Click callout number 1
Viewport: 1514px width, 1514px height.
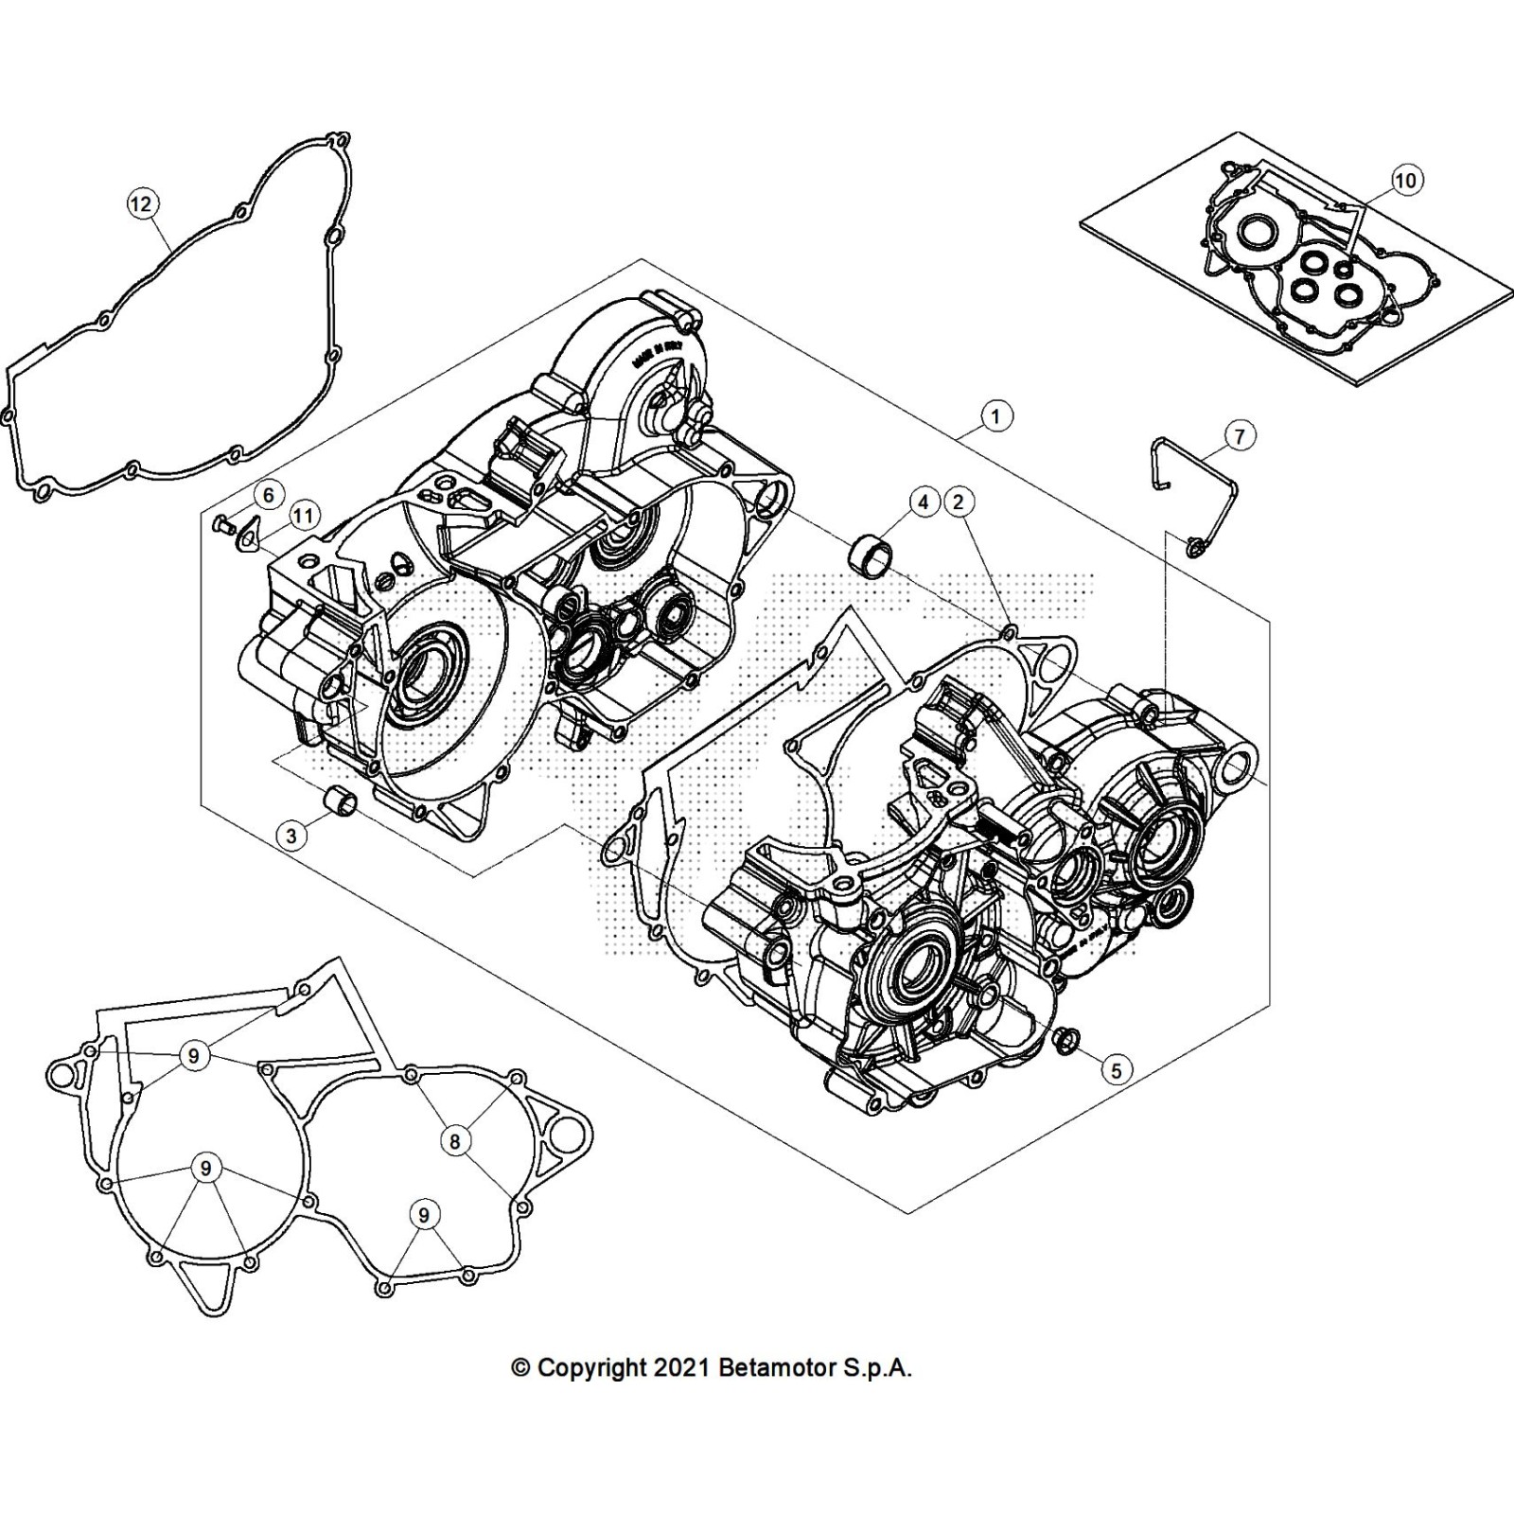(995, 415)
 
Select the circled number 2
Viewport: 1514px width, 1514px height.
(958, 502)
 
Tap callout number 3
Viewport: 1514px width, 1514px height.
(291, 835)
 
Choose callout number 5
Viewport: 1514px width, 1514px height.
(1117, 1069)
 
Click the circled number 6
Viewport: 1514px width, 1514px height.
(269, 495)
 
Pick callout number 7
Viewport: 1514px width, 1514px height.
(1240, 435)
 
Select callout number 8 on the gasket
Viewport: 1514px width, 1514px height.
(455, 1141)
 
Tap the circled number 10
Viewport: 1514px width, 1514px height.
(1406, 180)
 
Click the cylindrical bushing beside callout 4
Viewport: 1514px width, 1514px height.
(872, 553)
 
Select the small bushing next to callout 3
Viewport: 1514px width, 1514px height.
(341, 801)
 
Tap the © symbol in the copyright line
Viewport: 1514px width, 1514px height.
(519, 1368)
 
